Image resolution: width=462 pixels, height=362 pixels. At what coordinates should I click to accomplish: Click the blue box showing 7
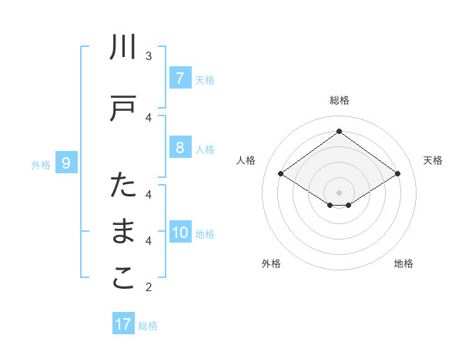pos(179,79)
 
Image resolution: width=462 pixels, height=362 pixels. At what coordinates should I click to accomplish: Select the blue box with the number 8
pos(179,148)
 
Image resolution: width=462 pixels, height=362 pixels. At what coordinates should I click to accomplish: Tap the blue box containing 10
pos(180,233)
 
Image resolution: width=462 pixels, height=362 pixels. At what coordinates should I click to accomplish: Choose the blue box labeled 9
pos(66,163)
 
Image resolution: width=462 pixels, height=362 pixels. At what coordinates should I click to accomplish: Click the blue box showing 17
pos(123,324)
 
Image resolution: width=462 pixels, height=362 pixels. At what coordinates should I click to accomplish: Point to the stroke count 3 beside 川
pos(149,55)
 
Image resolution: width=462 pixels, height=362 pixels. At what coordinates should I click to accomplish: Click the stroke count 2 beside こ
pos(149,287)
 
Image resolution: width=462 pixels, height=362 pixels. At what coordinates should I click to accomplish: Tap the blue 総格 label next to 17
pos(148,326)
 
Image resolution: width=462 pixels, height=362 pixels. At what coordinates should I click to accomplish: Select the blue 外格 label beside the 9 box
pos(41,164)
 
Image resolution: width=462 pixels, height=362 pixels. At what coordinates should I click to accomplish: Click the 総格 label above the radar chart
pos(340,100)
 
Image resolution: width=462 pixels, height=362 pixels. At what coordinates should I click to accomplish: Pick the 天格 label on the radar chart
pos(434,160)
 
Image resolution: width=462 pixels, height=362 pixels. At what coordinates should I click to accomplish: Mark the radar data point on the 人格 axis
pos(281,174)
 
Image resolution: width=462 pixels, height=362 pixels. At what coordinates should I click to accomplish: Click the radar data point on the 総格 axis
pos(339,132)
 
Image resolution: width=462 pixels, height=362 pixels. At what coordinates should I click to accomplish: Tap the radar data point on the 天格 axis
pos(397,174)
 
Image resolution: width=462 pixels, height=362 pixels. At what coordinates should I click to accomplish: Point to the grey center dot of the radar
pos(339,193)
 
